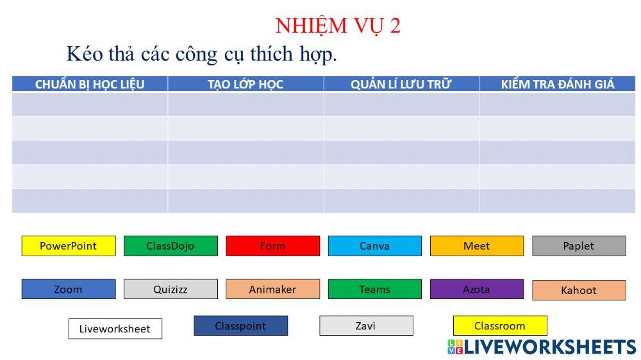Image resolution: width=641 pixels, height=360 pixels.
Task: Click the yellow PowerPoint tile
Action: (x=69, y=246)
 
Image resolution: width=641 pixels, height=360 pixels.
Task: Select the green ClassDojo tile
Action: (x=171, y=246)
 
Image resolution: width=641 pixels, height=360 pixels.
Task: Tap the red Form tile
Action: (x=272, y=246)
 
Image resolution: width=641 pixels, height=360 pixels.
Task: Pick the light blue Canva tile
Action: (x=374, y=246)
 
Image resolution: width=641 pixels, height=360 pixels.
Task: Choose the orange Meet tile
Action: (x=476, y=246)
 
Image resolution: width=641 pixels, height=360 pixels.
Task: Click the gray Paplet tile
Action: (x=579, y=246)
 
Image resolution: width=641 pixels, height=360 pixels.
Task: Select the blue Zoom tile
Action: (x=69, y=289)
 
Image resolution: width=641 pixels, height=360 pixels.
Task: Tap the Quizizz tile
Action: (x=171, y=289)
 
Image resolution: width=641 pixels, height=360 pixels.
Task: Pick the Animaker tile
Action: (x=272, y=289)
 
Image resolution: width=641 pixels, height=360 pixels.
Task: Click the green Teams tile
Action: (x=374, y=289)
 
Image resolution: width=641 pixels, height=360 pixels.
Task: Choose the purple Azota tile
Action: (x=476, y=289)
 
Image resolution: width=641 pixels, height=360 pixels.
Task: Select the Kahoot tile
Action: (x=579, y=290)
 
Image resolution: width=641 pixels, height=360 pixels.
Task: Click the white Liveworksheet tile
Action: (x=115, y=329)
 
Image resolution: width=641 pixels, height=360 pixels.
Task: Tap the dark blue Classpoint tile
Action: (x=240, y=325)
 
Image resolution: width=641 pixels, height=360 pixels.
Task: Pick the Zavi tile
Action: (x=366, y=325)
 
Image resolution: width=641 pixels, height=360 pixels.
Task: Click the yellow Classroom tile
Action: (x=500, y=325)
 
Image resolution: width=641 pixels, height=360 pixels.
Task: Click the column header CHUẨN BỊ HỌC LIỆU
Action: (x=90, y=84)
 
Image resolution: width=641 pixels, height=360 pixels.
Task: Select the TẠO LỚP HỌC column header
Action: (x=246, y=84)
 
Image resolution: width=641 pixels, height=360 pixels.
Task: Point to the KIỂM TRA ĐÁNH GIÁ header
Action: (x=557, y=84)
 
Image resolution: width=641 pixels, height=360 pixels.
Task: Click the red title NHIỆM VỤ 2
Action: (x=338, y=26)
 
